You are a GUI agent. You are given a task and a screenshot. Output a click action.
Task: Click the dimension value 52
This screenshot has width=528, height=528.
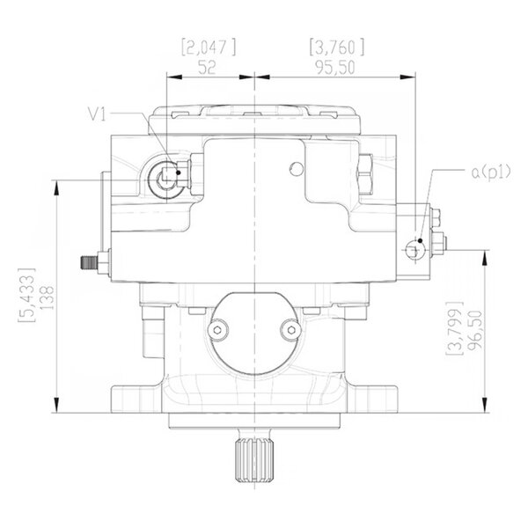[x=207, y=68]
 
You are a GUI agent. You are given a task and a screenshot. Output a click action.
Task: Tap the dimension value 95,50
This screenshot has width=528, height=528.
[x=335, y=68]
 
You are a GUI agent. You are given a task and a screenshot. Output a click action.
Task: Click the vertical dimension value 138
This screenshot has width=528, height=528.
[x=47, y=297]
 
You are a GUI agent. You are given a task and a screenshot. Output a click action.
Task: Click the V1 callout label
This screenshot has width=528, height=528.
[x=97, y=114]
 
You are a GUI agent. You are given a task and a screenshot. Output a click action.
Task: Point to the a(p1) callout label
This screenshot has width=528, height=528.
[x=491, y=172]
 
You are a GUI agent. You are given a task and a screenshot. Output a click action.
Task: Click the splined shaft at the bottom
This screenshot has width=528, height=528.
[x=255, y=459]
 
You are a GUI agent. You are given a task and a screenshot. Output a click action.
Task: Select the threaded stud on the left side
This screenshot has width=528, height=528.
[x=89, y=262]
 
